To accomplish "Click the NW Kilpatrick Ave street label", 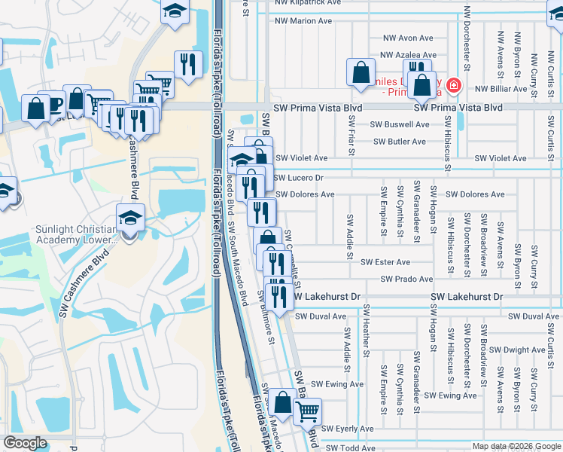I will click(x=303, y=3).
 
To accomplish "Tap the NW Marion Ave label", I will click(x=304, y=21).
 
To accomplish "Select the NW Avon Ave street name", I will click(x=408, y=38).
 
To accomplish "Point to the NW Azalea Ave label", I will click(x=408, y=55).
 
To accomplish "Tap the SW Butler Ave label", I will click(x=399, y=142).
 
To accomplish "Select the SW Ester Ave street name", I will click(x=385, y=262).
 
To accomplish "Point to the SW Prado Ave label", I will click(x=406, y=279).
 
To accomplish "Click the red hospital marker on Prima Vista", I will click(x=453, y=86).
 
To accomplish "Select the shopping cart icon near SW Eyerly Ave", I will click(x=307, y=411).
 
